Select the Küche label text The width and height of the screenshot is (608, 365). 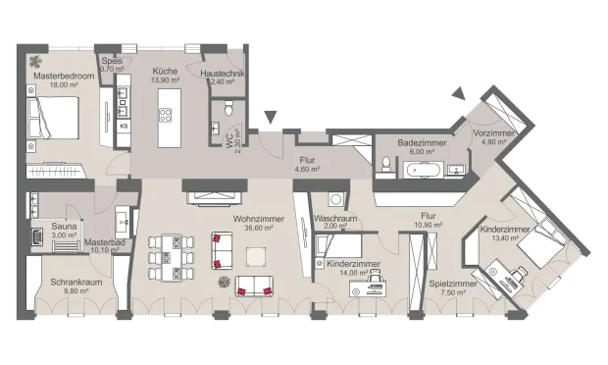[x=163, y=72]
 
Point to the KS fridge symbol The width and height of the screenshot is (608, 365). [x=125, y=126]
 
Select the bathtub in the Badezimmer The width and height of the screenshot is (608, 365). [x=422, y=171]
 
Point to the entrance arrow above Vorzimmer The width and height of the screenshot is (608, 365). [x=457, y=93]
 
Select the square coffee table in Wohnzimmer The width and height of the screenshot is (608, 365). [x=256, y=256]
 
